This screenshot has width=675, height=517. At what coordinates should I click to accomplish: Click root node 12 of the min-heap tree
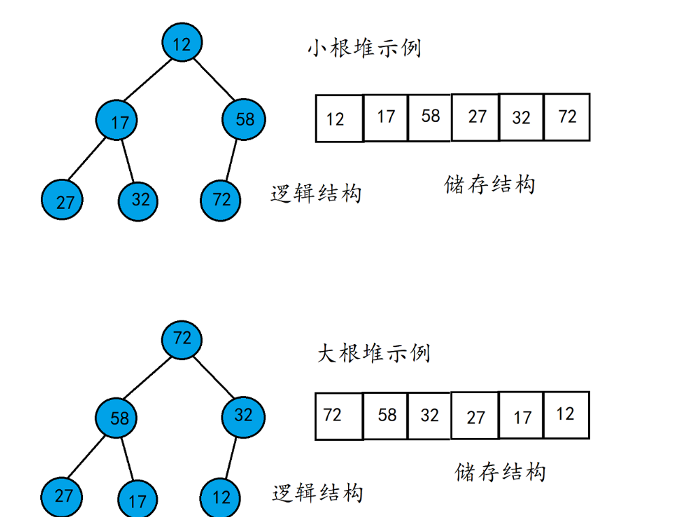point(182,42)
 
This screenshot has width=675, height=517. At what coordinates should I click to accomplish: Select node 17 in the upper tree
point(116,120)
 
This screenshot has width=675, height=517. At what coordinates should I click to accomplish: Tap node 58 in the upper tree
point(243,119)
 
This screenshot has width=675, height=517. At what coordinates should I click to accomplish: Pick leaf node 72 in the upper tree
point(220,200)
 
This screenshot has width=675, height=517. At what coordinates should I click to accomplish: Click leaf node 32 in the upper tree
point(138,201)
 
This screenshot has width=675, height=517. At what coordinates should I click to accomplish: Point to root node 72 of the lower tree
point(181,340)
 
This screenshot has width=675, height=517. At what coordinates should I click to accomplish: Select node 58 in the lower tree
point(116,418)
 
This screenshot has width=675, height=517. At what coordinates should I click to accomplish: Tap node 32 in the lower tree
point(243,417)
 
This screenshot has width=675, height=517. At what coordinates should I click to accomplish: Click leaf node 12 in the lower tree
point(220,498)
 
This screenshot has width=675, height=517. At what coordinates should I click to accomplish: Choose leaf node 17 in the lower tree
point(138,499)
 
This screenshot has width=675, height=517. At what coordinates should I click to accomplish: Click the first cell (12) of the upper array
point(339,118)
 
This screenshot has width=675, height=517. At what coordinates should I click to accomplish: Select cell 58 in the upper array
point(429,118)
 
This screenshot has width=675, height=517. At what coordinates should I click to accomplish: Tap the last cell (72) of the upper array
point(567,117)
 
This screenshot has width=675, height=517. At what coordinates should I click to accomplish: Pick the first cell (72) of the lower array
point(339,416)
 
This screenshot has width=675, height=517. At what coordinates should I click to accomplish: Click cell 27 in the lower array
point(475,416)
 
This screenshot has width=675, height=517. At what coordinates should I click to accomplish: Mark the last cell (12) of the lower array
point(567,416)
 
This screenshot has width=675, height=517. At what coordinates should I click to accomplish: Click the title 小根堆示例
point(364,48)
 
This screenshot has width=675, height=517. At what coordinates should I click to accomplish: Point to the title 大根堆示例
point(374,353)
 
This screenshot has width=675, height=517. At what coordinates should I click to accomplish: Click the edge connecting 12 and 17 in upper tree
point(148,80)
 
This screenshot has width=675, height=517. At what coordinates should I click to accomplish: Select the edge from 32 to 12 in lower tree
point(231,458)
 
